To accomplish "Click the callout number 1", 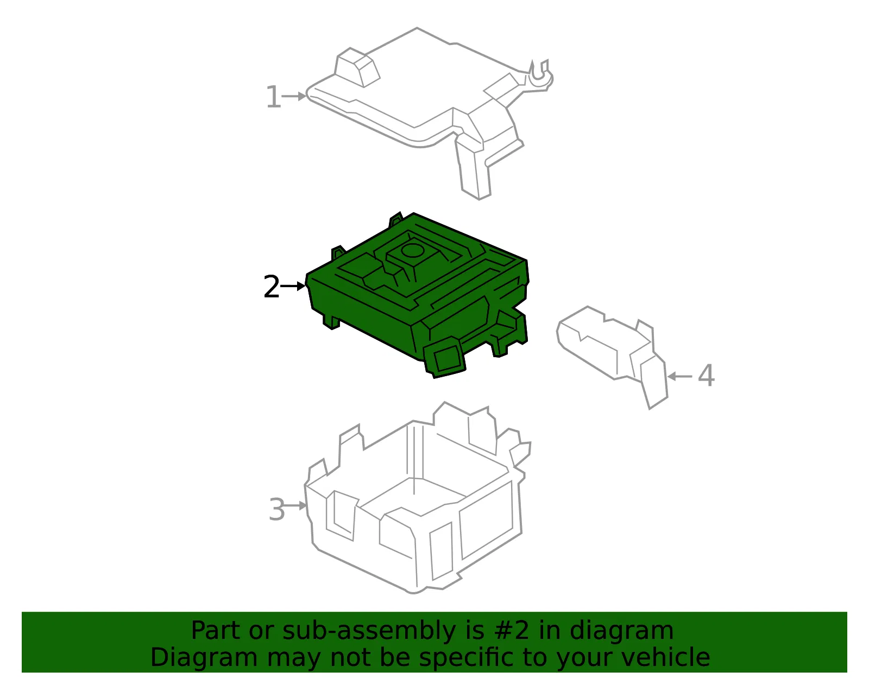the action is pos(274,97).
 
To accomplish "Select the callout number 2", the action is pos(272,287).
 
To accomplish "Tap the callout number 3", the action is pos(277,509).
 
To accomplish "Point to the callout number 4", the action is pos(706,376).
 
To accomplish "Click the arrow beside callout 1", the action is pos(294,96).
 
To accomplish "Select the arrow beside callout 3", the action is pos(295,506).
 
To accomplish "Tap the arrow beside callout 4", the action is pos(679,376).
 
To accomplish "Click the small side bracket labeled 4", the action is pos(612,356).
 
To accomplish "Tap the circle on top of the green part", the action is pos(412,251).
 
